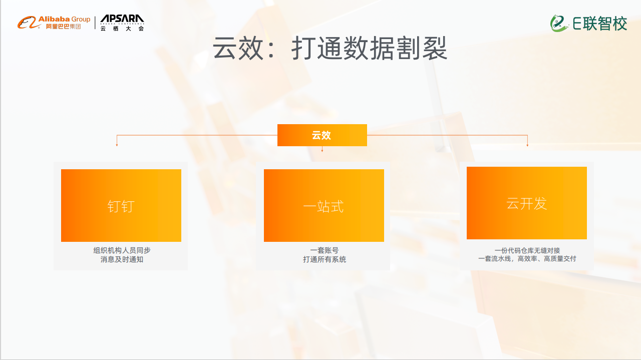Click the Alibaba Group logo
(54, 22)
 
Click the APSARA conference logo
(122, 23)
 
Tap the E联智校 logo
(589, 23)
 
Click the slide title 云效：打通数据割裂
(330, 48)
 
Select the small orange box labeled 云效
(322, 135)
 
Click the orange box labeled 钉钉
(121, 205)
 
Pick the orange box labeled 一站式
(324, 205)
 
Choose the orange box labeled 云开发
(527, 203)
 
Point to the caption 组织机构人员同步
(122, 250)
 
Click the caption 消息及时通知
(122, 259)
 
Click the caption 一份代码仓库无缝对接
(527, 250)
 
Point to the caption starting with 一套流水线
(527, 259)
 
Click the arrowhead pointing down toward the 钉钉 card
(117, 145)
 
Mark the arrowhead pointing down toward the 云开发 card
(527, 145)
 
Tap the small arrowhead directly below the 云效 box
(322, 150)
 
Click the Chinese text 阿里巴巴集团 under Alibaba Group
(63, 27)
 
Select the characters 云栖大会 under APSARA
(122, 29)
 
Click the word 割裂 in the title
(428, 48)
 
